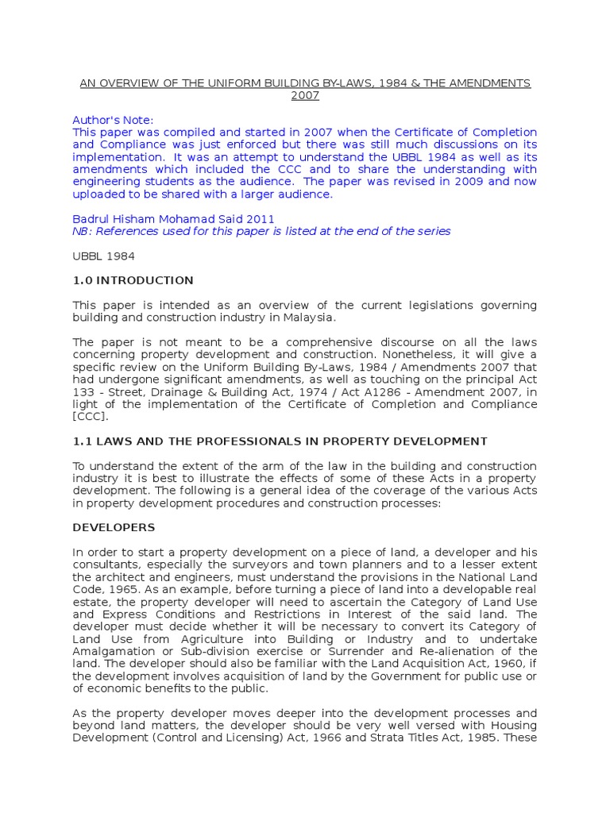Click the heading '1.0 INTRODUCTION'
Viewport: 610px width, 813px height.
click(133, 280)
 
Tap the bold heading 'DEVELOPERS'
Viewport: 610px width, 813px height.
click(114, 527)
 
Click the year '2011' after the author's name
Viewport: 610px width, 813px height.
click(261, 218)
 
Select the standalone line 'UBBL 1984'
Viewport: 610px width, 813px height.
click(103, 256)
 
